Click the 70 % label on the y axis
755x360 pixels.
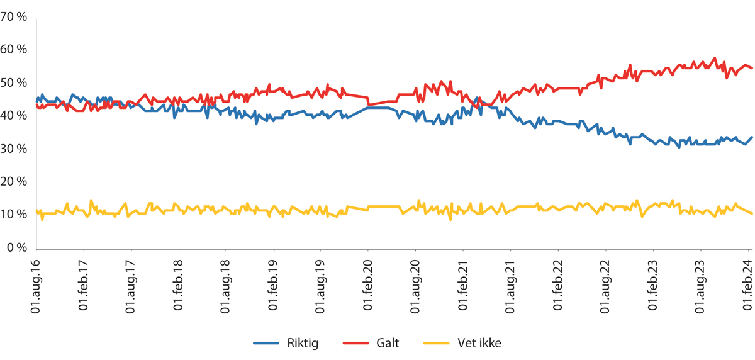pos(14,18)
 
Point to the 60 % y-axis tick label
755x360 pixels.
pos(14,50)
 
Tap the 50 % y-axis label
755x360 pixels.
pos(14,83)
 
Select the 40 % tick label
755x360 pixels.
pos(14,116)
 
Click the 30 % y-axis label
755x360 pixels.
pos(14,149)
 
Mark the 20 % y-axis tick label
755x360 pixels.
pos(14,182)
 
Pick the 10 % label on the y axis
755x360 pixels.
pos(14,215)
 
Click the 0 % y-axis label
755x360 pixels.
pos(17,247)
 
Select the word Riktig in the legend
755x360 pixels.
pos(303,343)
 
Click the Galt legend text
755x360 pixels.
pos(388,343)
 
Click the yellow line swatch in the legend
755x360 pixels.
pos(438,343)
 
